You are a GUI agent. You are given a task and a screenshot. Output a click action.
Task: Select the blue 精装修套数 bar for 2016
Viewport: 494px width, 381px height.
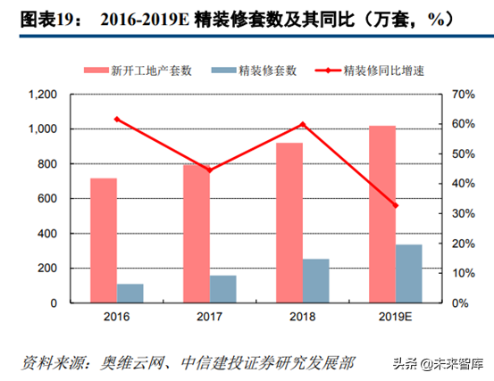130,294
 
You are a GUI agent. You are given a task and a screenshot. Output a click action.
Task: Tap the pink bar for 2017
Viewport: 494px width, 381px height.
197,233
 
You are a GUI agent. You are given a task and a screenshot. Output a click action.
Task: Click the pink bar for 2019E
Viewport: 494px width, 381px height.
382,214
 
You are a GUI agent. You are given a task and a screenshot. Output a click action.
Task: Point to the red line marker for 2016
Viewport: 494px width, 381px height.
117,119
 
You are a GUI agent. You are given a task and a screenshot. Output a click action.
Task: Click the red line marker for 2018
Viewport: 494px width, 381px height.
303,124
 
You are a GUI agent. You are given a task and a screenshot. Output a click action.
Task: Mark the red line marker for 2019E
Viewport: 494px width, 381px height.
396,206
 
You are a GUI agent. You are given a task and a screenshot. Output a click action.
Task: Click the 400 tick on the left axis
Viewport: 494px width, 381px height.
46,234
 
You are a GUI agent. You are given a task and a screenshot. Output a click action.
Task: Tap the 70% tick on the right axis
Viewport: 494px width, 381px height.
461,95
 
